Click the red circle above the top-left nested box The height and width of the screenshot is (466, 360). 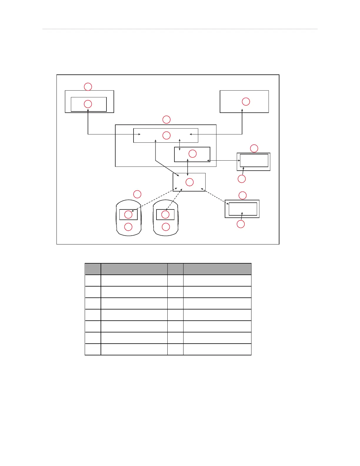pyautogui.click(x=88, y=87)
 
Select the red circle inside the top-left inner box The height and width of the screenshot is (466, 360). pyautogui.click(x=88, y=104)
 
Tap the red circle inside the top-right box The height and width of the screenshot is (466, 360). pyautogui.click(x=246, y=101)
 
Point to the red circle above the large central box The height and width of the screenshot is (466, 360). pyautogui.click(x=166, y=119)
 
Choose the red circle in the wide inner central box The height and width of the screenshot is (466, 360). pyautogui.click(x=166, y=135)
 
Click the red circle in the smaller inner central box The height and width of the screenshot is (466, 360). pyautogui.click(x=192, y=154)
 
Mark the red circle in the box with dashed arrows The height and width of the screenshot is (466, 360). pyautogui.click(x=190, y=182)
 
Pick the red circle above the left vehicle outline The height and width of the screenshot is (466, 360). pyautogui.click(x=137, y=194)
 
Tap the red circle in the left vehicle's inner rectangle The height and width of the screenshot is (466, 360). pyautogui.click(x=128, y=214)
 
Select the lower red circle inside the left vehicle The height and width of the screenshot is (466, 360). pyautogui.click(x=128, y=227)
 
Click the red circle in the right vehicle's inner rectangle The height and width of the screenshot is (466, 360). pyautogui.click(x=165, y=214)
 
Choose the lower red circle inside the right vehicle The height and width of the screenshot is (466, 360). pyautogui.click(x=166, y=227)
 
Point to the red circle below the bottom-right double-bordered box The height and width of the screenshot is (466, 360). pyautogui.click(x=241, y=224)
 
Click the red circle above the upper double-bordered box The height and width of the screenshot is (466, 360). pyautogui.click(x=254, y=148)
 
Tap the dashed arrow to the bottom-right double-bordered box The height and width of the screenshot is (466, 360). pyautogui.click(x=215, y=196)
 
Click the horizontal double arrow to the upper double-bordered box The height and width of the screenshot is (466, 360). pyautogui.click(x=224, y=160)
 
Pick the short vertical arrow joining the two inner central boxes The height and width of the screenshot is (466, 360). pyautogui.click(x=180, y=145)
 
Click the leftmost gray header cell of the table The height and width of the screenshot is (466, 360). pyautogui.click(x=93, y=269)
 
